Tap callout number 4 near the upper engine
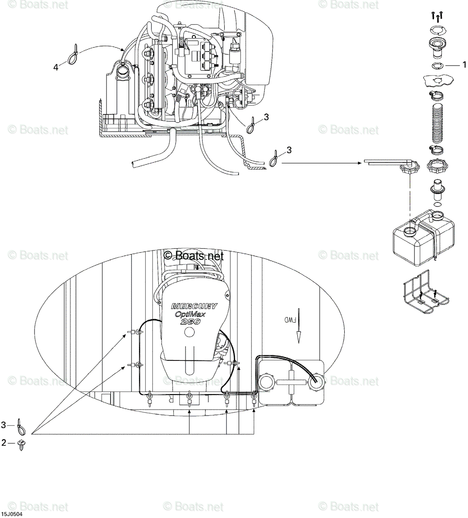click(56, 68)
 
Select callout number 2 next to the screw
click(3, 443)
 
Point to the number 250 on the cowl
click(191, 322)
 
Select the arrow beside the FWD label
click(299, 325)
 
